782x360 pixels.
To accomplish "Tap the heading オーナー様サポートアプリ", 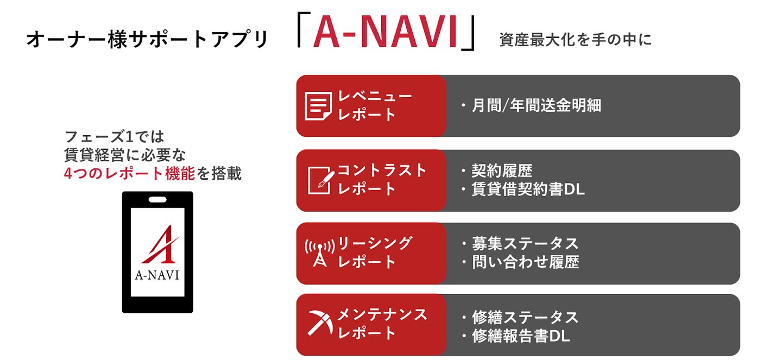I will (147, 40).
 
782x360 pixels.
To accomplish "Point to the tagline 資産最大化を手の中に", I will (575, 40).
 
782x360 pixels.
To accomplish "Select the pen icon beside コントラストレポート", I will (320, 180).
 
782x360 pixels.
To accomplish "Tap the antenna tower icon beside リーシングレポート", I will (320, 253).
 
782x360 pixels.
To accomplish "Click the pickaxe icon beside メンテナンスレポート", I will (319, 324).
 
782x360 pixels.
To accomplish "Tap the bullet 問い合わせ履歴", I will (525, 262).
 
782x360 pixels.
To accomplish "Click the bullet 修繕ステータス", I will (525, 317).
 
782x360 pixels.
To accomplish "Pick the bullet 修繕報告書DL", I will (520, 336).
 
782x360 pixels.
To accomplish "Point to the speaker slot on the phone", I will (157, 199).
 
